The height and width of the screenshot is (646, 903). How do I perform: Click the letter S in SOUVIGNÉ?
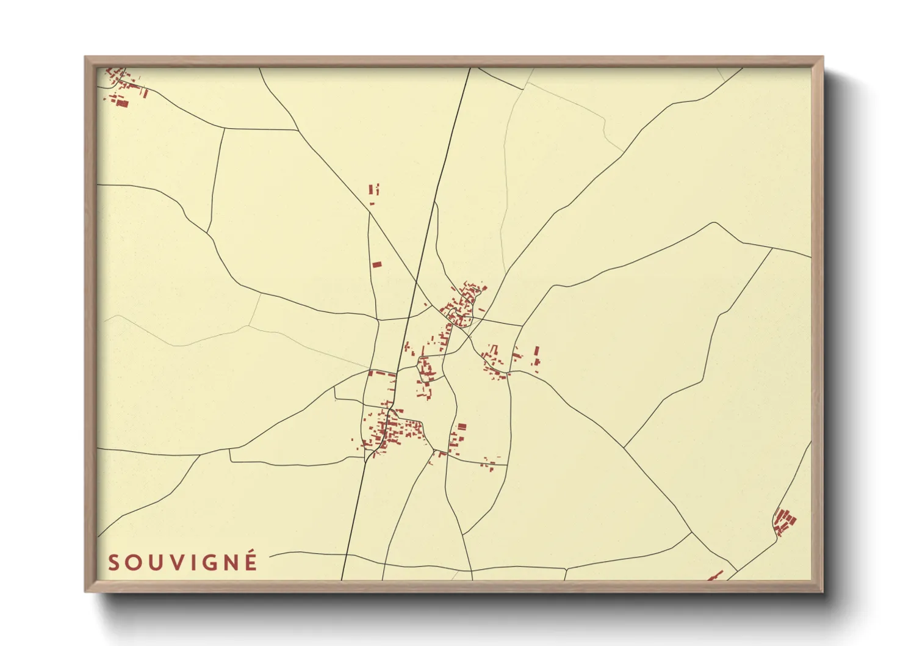pyautogui.click(x=114, y=562)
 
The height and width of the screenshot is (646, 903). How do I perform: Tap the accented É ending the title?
pyautogui.click(x=250, y=561)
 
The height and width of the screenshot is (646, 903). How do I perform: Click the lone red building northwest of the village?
pyautogui.click(x=376, y=264)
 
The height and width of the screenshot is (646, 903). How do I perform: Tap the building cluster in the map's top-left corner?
pyautogui.click(x=123, y=87)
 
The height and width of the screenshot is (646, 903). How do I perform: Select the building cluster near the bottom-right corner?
pyautogui.click(x=784, y=521)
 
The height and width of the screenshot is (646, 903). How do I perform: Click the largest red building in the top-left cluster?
pyautogui.click(x=122, y=103)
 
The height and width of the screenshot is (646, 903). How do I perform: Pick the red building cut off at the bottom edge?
pyautogui.click(x=714, y=576)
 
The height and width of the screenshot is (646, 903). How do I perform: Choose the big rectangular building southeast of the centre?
pyautogui.click(x=462, y=427)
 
